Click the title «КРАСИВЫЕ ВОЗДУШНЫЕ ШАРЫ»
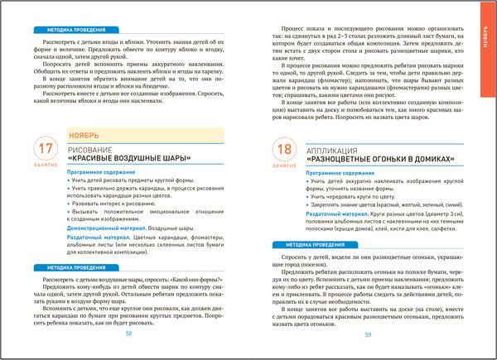128,159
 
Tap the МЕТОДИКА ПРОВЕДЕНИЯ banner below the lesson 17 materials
64,267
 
